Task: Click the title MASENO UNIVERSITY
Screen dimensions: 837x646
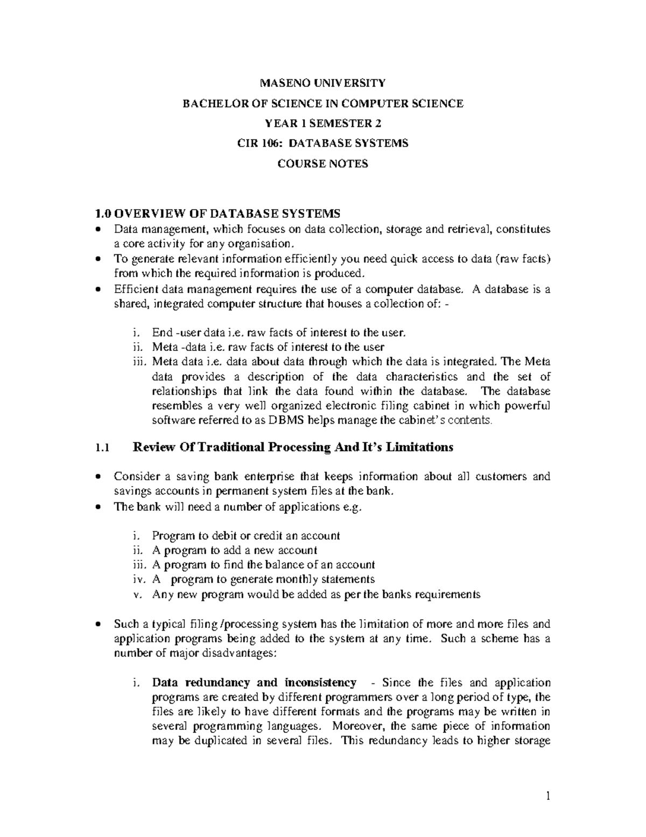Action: coord(322,83)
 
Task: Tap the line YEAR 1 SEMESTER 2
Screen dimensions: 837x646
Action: coord(322,123)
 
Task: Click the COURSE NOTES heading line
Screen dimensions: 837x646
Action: coord(322,164)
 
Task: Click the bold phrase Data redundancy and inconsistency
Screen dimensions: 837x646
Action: coord(254,683)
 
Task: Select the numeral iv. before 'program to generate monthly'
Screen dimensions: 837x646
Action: coord(138,579)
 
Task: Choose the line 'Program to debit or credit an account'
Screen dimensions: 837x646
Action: coord(246,536)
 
